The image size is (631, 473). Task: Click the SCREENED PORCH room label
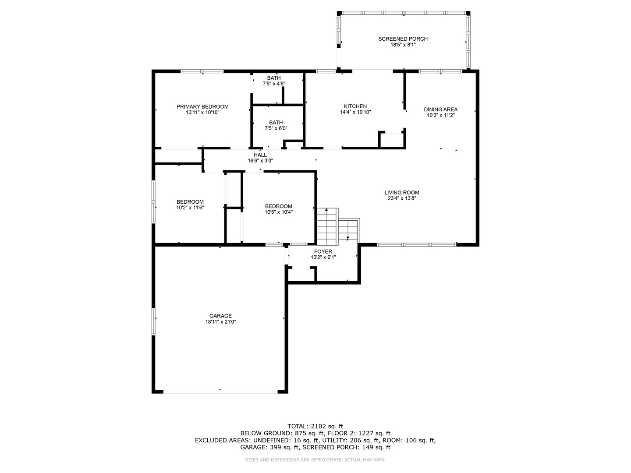[403, 39]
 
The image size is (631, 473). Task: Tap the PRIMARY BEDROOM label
[202, 106]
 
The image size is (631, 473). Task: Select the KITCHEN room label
[355, 106]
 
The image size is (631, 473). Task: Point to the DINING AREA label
[440, 109]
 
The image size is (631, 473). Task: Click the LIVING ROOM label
[402, 192]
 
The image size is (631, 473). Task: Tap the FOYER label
[323, 251]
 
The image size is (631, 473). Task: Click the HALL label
[260, 155]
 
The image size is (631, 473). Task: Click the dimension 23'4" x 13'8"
[402, 198]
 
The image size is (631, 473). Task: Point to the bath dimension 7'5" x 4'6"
[274, 84]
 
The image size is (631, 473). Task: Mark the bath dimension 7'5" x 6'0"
[276, 129]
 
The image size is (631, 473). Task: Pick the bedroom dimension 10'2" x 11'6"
[190, 208]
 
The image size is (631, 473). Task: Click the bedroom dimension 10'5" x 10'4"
[279, 212]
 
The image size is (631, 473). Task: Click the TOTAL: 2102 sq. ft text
[315, 426]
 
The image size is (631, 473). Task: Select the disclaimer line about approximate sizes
[315, 460]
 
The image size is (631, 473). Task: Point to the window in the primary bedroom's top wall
[202, 71]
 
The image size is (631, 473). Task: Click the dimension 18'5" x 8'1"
[403, 45]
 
